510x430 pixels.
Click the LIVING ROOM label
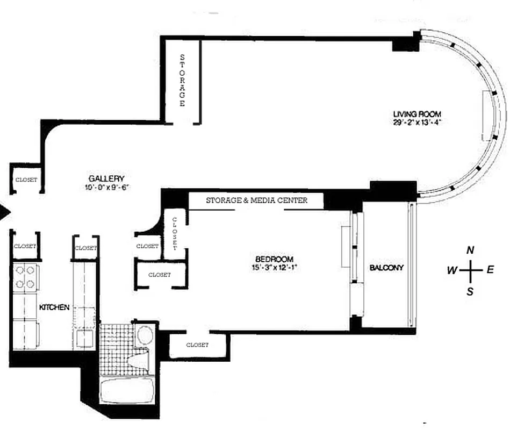[417, 114]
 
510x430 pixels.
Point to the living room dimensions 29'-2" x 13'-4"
[417, 122]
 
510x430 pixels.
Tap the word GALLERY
[107, 178]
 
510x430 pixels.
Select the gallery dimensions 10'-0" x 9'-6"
[107, 188]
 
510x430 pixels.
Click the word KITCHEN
[54, 307]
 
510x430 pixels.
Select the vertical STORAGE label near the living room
[182, 80]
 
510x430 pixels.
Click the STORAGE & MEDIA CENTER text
[256, 200]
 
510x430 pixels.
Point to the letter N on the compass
[470, 250]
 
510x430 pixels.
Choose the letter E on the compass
[490, 270]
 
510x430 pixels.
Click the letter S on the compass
[470, 292]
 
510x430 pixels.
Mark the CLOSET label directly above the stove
[25, 246]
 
